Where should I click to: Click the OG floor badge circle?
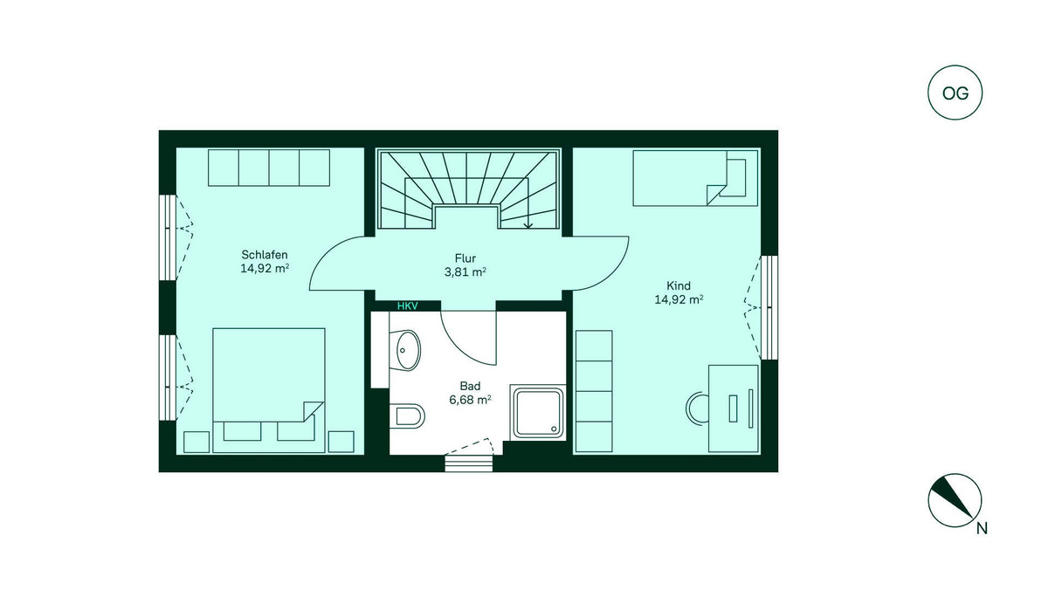coord(955,93)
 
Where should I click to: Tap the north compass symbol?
coord(954,503)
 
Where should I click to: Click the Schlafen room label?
coord(265,255)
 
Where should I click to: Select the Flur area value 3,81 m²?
coord(465,271)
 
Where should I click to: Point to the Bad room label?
coord(470,385)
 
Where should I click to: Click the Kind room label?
coord(679,285)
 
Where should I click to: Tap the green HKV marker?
coord(408,306)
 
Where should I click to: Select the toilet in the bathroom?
coord(408,415)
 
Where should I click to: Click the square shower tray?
coord(537,414)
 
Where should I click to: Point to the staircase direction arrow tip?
coord(528,227)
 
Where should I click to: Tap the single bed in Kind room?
coord(694,178)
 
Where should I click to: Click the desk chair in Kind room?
coord(695,408)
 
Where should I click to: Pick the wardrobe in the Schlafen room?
coord(269,167)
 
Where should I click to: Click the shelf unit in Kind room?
coord(593,391)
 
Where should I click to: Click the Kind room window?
coord(769,306)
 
